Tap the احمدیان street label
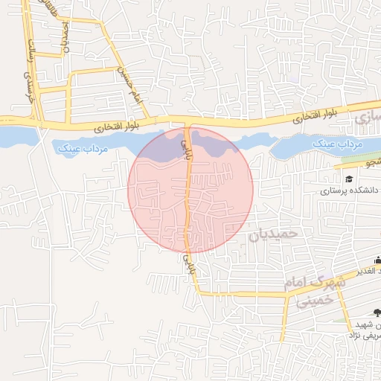pos(65,34)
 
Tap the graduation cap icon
pos(348,179)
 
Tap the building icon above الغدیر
pos(377,260)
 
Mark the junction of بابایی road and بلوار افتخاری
pos(188,122)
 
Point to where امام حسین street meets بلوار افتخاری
pos(148,119)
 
